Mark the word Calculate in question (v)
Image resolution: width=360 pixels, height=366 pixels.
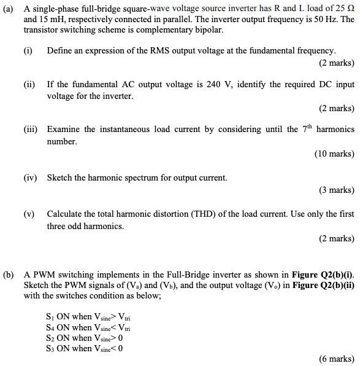point(66,214)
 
